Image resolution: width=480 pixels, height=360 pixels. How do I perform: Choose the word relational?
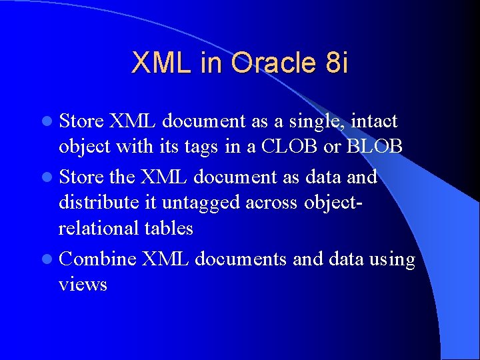pos(99,228)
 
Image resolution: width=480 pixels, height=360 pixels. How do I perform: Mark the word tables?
pos(169,228)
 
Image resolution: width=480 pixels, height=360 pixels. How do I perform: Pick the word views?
pos(83,285)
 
